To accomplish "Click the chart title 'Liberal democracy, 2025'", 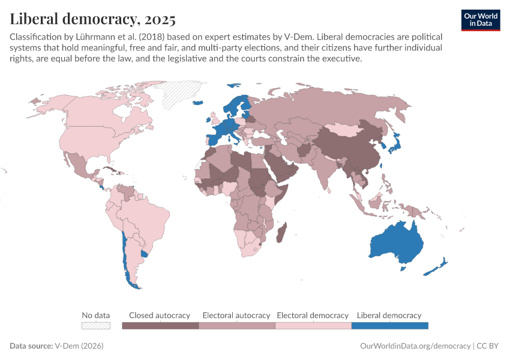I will [92, 19].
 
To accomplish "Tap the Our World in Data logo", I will [480, 20].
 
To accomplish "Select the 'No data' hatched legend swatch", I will [96, 326].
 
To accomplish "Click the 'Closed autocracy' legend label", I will [160, 315].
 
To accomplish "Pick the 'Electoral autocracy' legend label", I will [236, 315].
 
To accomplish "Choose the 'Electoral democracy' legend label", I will [313, 315].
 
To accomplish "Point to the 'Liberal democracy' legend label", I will [389, 315].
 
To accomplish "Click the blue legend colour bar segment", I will [389, 326].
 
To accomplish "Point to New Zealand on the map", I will [437, 266].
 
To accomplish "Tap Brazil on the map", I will [148, 216].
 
